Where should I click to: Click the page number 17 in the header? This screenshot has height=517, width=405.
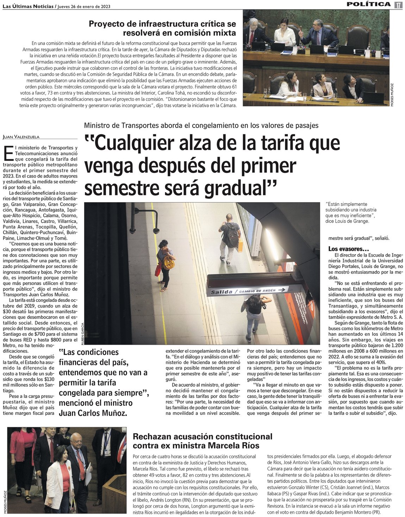pyautogui.click(x=398, y=5)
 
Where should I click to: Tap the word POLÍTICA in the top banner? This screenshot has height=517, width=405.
pyautogui.click(x=369, y=4)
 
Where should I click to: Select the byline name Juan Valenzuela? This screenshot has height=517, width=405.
pyautogui.click(x=21, y=137)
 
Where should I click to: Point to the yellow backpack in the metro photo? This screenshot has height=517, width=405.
pyautogui.click(x=169, y=262)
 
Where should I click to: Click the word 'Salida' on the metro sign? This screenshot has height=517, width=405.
pyautogui.click(x=222, y=292)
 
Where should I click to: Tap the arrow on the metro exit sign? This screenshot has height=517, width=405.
pyautogui.click(x=281, y=290)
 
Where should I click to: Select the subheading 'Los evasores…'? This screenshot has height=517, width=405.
pyautogui.click(x=344, y=249)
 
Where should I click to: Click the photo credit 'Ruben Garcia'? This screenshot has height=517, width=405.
pyautogui.click(x=82, y=333)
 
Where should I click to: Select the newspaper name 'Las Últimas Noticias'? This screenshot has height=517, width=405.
pyautogui.click(x=28, y=7)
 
